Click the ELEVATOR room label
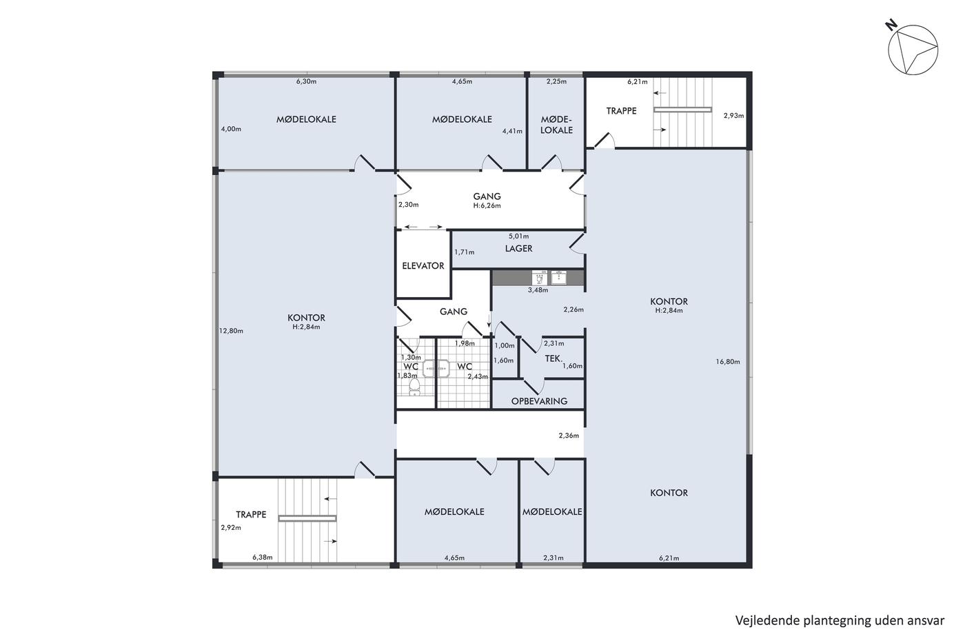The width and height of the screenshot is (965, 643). pyautogui.click(x=423, y=266)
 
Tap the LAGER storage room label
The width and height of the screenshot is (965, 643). pyautogui.click(x=518, y=249)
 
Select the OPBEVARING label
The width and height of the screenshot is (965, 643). pyautogui.click(x=539, y=401)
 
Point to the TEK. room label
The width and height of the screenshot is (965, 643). pyautogui.click(x=553, y=358)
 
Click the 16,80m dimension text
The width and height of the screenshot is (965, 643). pyautogui.click(x=728, y=362)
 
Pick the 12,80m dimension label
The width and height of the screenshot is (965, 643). pyautogui.click(x=232, y=331)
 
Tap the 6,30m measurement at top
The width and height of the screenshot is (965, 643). pyautogui.click(x=306, y=81)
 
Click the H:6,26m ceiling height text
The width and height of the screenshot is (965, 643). pyautogui.click(x=487, y=205)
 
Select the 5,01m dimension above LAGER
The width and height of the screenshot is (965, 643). pyautogui.click(x=518, y=236)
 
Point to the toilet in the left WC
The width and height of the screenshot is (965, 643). pyautogui.click(x=414, y=387)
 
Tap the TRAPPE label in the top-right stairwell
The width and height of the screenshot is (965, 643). pyautogui.click(x=621, y=111)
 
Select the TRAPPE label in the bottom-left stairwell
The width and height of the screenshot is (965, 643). pyautogui.click(x=251, y=514)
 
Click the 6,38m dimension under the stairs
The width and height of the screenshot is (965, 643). pyautogui.click(x=263, y=558)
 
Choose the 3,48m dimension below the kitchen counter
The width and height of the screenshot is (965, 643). pyautogui.click(x=538, y=290)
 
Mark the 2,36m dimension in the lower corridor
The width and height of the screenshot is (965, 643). pyautogui.click(x=569, y=436)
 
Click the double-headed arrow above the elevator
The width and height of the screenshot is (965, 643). pyautogui.click(x=423, y=227)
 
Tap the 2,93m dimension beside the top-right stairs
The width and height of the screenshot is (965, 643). pyautogui.click(x=733, y=115)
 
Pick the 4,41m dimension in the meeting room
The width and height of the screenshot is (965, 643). pyautogui.click(x=512, y=131)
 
